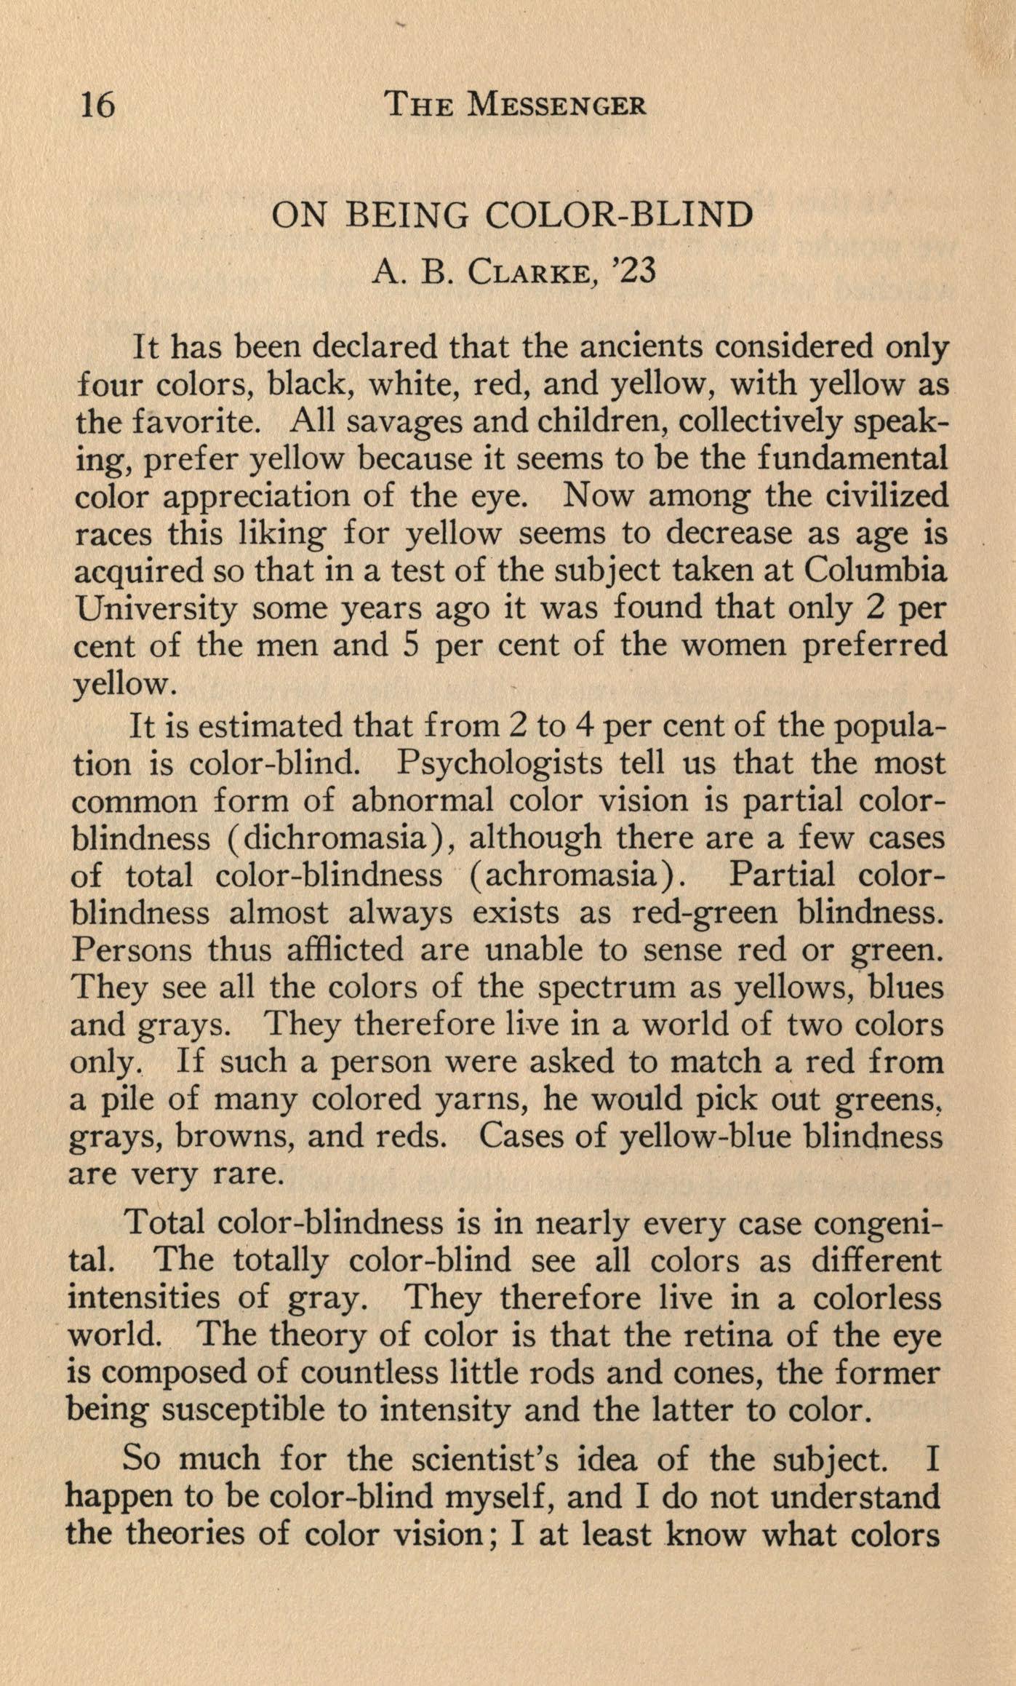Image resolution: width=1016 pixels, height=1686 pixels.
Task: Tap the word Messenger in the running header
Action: [556, 106]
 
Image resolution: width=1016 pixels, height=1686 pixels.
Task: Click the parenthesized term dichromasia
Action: [333, 839]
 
